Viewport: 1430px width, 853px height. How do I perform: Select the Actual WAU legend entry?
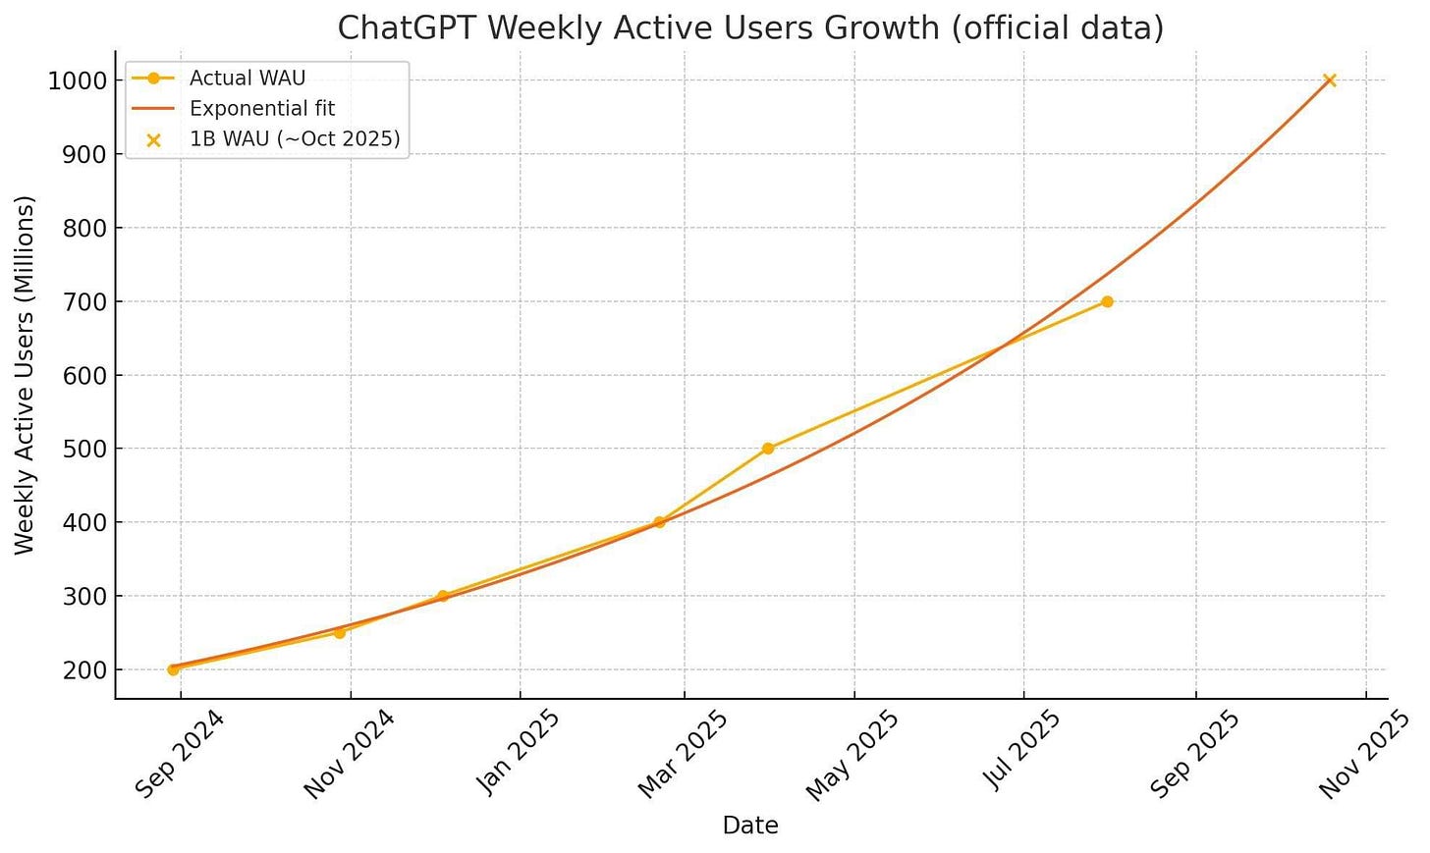(x=247, y=79)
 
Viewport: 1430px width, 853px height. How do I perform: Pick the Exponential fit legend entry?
(x=262, y=109)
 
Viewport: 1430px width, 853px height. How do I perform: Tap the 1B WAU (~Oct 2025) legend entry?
(x=295, y=139)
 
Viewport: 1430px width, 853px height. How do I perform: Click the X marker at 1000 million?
(x=1330, y=80)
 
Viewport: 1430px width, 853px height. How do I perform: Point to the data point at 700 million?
(x=1107, y=301)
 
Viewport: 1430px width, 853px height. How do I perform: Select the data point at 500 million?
(x=768, y=449)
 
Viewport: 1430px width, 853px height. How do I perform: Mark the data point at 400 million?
(x=659, y=522)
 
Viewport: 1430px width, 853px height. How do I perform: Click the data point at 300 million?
(x=442, y=596)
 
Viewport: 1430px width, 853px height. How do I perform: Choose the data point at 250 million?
(x=340, y=632)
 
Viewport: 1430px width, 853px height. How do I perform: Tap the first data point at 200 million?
(x=173, y=669)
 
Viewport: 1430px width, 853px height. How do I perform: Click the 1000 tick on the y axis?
(x=77, y=80)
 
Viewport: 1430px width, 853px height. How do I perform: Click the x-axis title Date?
(x=750, y=826)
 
